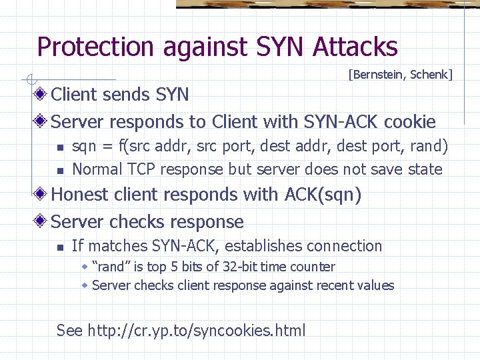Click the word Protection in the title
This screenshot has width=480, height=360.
pos(95,47)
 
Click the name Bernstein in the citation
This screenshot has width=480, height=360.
pos(378,75)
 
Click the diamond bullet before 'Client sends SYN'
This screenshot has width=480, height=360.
pos(42,94)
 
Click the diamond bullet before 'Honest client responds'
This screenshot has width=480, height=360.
pos(42,195)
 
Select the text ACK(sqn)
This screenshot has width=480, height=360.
pos(323,195)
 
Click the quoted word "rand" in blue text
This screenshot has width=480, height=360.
pos(111,267)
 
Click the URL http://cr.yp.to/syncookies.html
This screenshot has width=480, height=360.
pos(197,330)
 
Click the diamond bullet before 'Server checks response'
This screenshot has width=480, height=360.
pos(42,221)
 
